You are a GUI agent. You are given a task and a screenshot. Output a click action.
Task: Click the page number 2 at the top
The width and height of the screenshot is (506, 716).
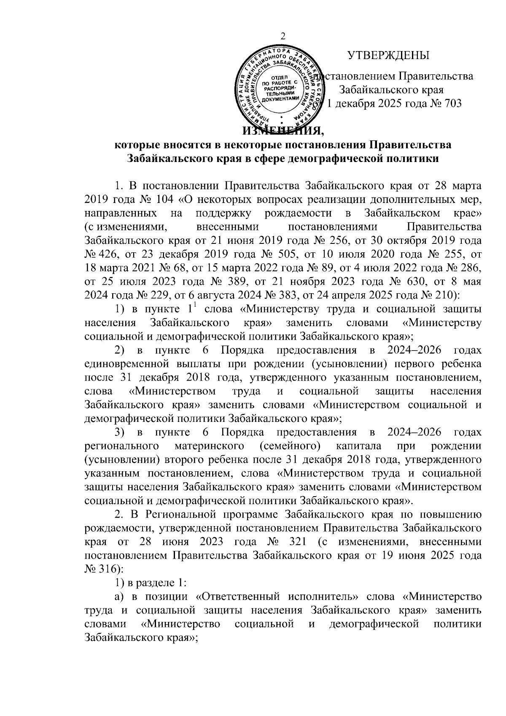[x=283, y=37]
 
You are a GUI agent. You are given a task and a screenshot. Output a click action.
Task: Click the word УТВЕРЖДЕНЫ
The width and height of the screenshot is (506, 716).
[x=388, y=56]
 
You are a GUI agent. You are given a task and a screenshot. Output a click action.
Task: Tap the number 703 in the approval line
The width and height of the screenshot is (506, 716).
[x=452, y=103]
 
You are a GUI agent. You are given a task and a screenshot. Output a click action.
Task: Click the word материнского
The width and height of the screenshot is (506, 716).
[x=210, y=446]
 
